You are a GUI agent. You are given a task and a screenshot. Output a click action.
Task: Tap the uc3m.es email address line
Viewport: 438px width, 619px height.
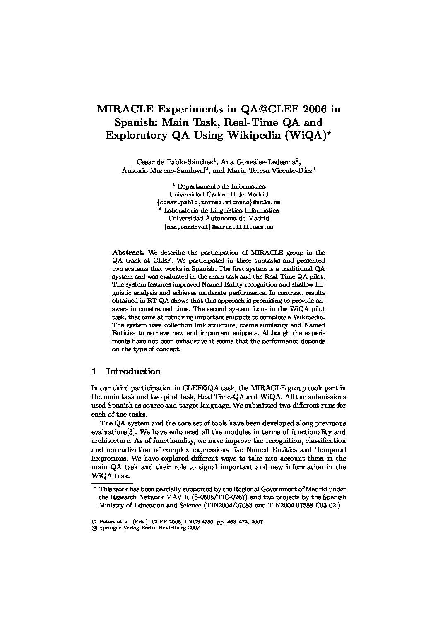[x=219, y=202]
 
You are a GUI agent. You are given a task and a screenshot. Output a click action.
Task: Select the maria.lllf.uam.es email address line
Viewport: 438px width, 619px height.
[x=219, y=227]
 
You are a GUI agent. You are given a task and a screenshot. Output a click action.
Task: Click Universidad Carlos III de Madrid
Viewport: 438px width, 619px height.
[x=219, y=194]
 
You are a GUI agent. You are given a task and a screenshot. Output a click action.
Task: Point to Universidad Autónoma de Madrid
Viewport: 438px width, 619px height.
[x=219, y=218]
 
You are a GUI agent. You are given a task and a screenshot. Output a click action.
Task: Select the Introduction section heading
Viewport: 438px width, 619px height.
[x=133, y=371]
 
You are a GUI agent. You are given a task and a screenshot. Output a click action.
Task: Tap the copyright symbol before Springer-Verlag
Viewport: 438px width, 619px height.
[x=94, y=528]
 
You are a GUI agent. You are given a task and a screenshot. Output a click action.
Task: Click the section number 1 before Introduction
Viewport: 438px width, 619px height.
[x=94, y=371]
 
